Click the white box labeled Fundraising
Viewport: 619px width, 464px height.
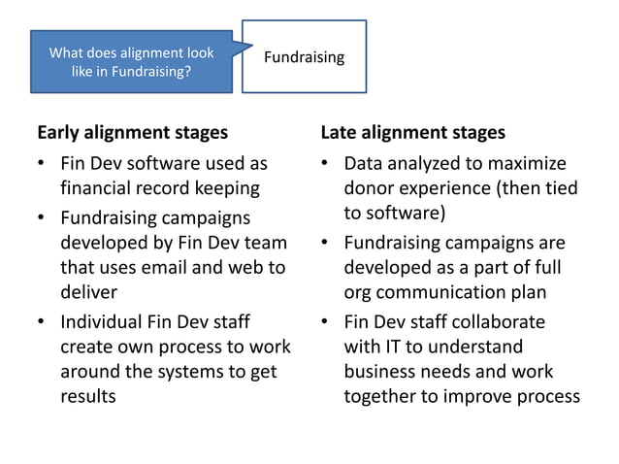pyautogui.click(x=304, y=57)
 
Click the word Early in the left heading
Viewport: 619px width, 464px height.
pyautogui.click(x=59, y=132)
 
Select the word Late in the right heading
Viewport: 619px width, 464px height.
pyautogui.click(x=341, y=132)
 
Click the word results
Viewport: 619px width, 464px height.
pyautogui.click(x=87, y=396)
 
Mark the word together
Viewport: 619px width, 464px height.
pyautogui.click(x=382, y=396)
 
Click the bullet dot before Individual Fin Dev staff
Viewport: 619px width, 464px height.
pyautogui.click(x=41, y=322)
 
